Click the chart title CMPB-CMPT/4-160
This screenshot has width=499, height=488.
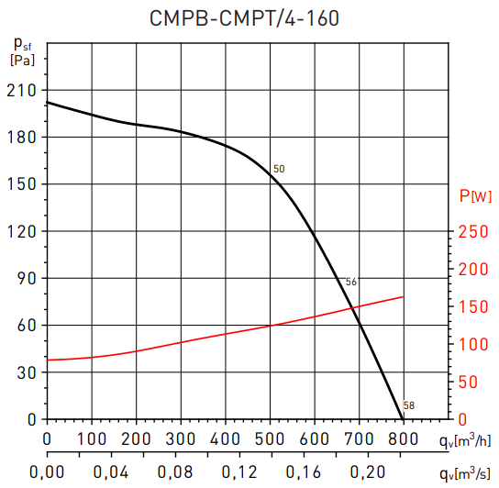(x=249, y=17)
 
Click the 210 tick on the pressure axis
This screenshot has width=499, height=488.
(x=20, y=90)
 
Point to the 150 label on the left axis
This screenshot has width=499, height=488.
(x=20, y=184)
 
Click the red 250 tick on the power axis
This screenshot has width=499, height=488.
(x=472, y=232)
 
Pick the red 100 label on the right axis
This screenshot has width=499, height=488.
(x=472, y=344)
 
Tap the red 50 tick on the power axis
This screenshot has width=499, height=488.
(x=469, y=382)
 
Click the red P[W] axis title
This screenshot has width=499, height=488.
(x=474, y=194)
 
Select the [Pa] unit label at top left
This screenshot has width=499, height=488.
(x=22, y=61)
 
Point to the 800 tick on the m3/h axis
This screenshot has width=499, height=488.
(x=403, y=438)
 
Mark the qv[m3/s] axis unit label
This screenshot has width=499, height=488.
(x=465, y=473)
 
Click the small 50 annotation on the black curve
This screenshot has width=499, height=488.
(x=279, y=169)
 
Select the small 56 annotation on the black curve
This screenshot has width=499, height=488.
(x=350, y=282)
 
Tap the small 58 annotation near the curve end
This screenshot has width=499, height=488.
(x=408, y=405)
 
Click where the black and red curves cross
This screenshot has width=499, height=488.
(x=357, y=308)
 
